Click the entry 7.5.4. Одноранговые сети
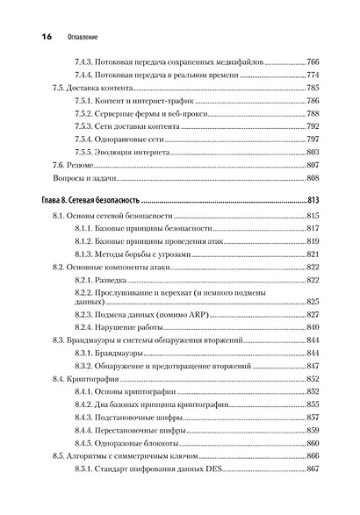tap(131, 139)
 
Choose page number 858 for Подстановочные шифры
tap(317, 419)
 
